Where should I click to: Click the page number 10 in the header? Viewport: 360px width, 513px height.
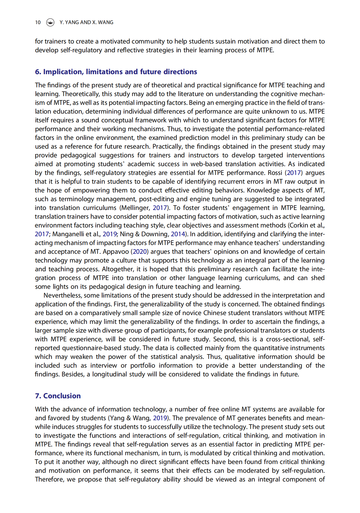click(x=38, y=22)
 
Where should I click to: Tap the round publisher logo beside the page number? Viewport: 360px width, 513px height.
click(x=50, y=22)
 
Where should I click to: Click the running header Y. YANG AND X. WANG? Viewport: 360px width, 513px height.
click(x=86, y=22)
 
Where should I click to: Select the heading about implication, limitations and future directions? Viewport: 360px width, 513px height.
click(x=116, y=72)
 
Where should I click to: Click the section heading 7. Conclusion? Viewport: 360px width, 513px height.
click(x=58, y=396)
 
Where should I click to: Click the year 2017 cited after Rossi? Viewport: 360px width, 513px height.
click(x=294, y=173)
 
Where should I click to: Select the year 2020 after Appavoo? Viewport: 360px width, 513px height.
click(x=140, y=252)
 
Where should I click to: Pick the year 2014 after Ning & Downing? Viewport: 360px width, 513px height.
click(x=178, y=234)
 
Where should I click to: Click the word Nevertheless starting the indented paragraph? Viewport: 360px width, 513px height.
click(x=62, y=295)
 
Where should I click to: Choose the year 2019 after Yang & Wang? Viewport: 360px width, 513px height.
click(x=160, y=418)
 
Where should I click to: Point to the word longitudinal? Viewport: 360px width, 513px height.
click(x=119, y=374)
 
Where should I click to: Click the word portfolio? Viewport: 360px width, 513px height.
click(x=143, y=365)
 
